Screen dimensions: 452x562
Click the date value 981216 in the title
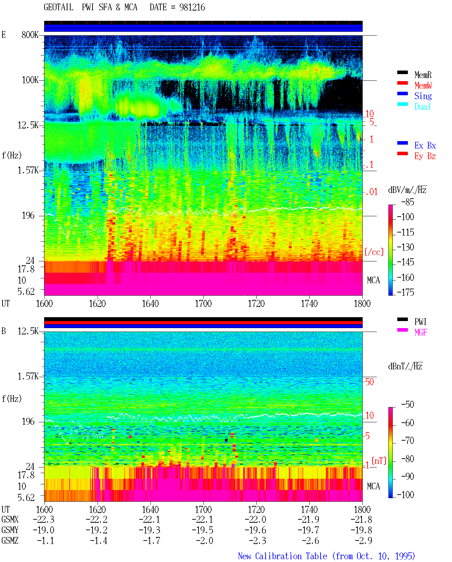192,7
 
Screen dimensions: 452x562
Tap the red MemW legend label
423,85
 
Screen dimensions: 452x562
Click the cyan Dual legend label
422,107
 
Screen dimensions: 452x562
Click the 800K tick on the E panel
30,35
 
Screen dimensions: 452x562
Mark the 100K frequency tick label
30,80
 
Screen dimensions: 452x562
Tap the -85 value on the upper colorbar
408,202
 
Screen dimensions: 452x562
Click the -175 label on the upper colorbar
405,292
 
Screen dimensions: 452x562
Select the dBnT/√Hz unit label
405,366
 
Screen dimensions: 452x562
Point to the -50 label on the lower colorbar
408,405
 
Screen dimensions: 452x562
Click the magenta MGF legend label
421,332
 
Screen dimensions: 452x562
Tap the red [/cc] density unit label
374,252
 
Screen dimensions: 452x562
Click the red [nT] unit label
379,461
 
